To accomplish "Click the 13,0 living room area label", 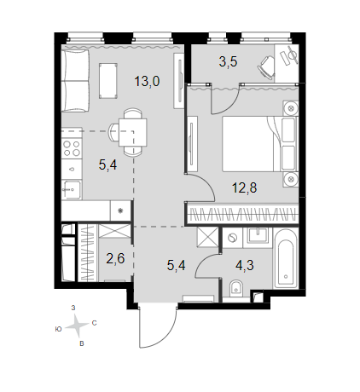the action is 147,82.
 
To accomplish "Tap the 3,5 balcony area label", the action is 228,61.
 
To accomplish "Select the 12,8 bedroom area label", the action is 245,187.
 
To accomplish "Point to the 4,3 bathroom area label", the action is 245,265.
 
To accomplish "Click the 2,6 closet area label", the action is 115,258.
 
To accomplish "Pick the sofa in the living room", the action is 75,81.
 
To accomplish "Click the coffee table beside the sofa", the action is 108,81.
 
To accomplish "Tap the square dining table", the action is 133,132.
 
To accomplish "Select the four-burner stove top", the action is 72,148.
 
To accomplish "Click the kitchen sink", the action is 72,189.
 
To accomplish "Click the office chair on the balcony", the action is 266,67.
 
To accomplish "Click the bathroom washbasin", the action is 258,235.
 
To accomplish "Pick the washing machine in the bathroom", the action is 233,238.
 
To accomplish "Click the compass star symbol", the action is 76,326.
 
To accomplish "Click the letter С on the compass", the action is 95,323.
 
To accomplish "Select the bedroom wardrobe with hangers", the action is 242,215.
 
